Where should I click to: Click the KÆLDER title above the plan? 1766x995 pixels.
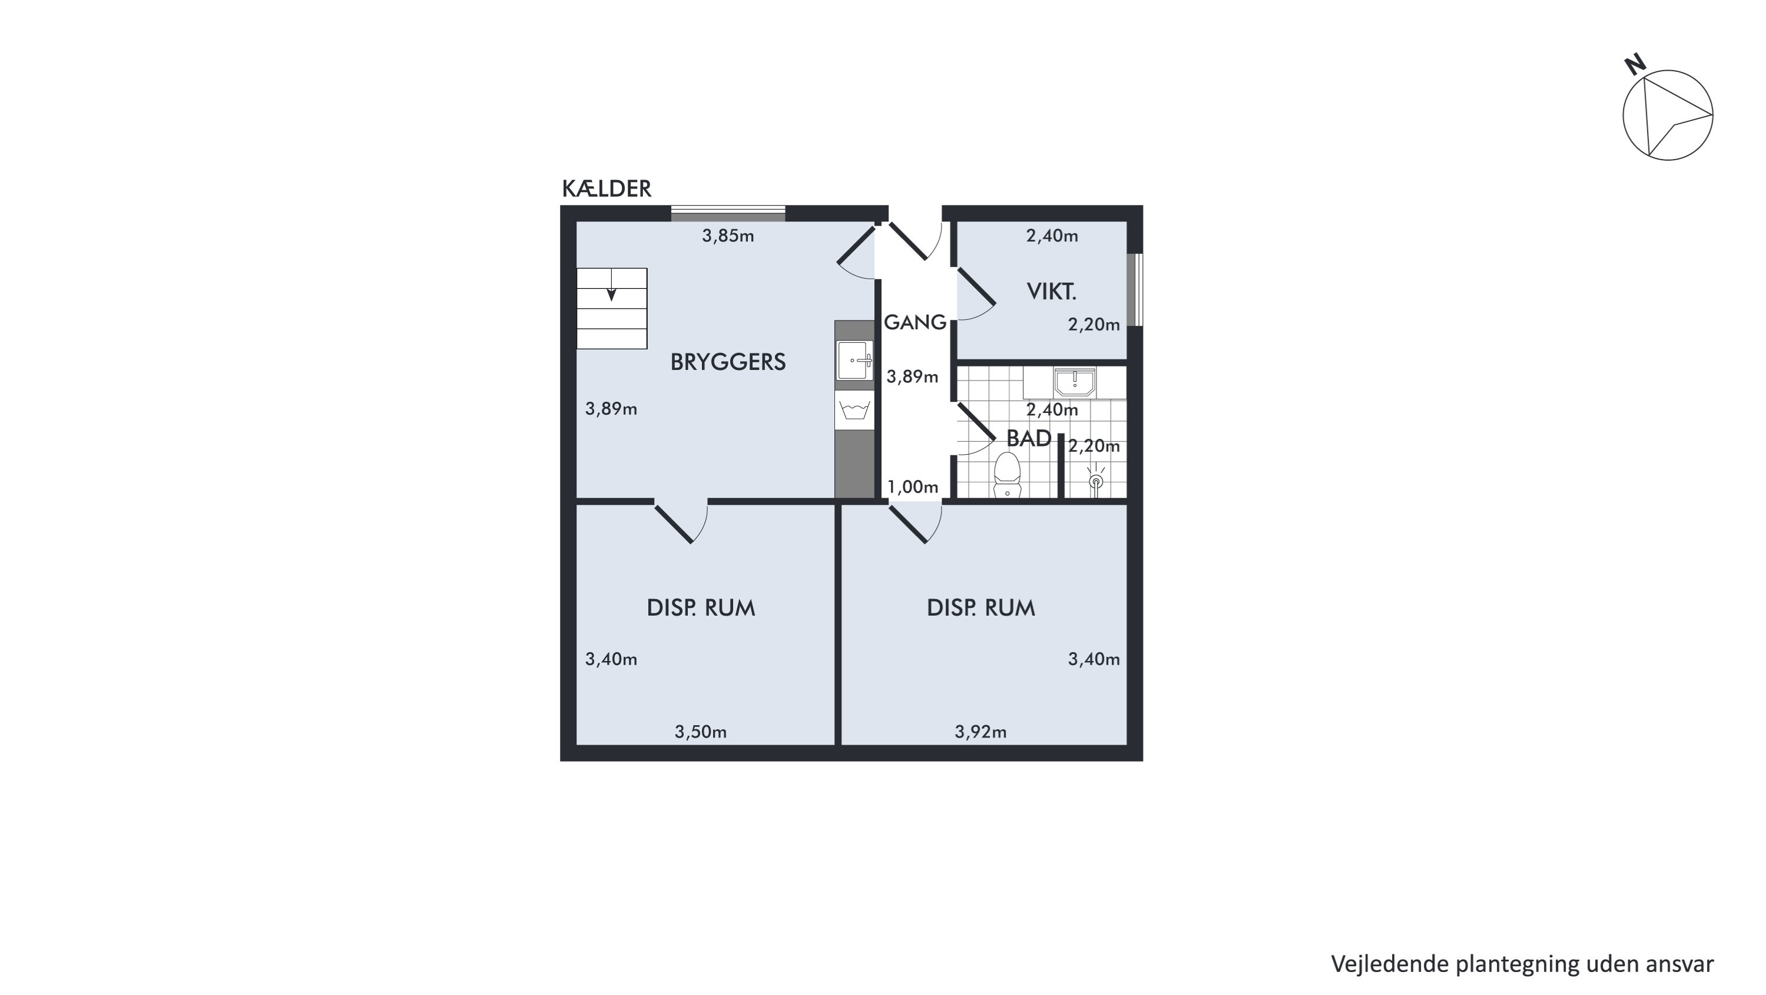[607, 189]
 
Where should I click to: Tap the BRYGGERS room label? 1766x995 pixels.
[728, 362]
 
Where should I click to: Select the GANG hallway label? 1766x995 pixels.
[915, 322]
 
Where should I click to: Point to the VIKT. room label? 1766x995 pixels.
[1052, 292]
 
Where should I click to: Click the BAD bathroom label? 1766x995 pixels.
[1029, 438]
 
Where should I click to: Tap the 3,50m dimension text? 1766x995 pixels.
[701, 732]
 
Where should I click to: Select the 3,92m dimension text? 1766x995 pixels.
[981, 732]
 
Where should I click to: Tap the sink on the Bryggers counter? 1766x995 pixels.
[854, 360]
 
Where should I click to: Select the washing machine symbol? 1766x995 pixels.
[854, 411]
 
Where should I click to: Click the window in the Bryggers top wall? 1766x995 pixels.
[728, 213]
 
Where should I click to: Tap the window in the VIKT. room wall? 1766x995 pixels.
[1136, 290]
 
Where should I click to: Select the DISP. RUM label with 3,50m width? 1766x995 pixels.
[701, 608]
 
